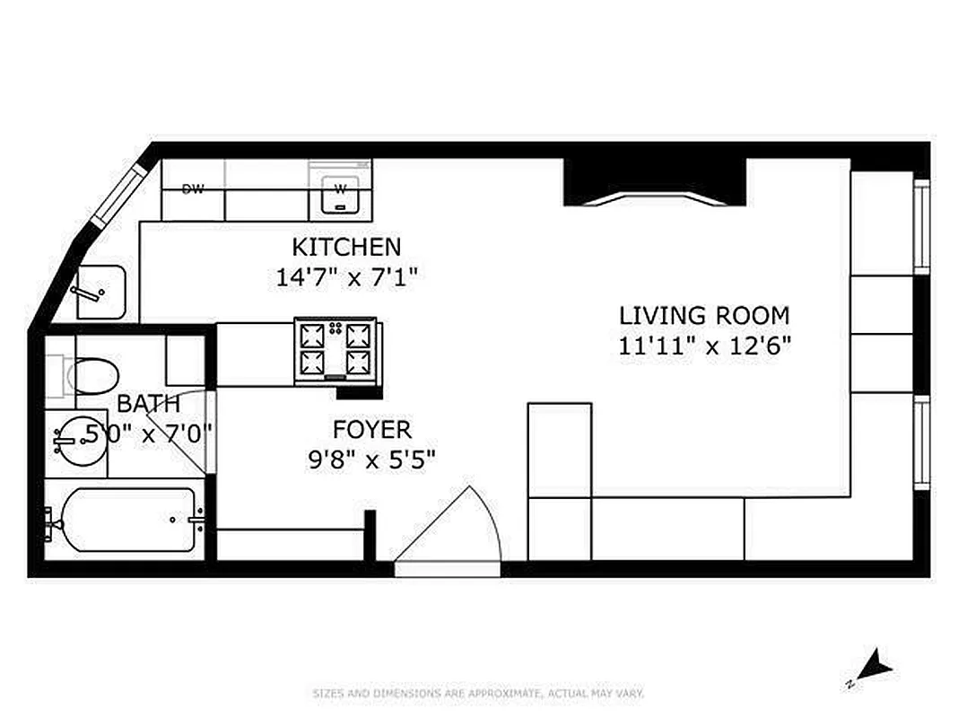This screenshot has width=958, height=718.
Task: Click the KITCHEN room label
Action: pos(346,246)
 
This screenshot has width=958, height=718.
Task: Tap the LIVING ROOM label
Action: pos(704,316)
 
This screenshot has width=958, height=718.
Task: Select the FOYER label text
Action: pos(371,429)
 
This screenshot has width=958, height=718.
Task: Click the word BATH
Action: pos(148,403)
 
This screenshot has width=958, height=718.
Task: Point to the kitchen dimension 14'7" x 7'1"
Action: pos(347,276)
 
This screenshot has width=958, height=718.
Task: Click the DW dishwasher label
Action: pos(192,189)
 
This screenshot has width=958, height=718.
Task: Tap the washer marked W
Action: pos(341,191)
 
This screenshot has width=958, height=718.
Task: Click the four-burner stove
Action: pos(335,349)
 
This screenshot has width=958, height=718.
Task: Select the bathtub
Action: pos(126,520)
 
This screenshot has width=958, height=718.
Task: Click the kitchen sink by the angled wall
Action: pos(99,292)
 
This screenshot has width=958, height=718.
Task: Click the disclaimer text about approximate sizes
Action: pos(478,693)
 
